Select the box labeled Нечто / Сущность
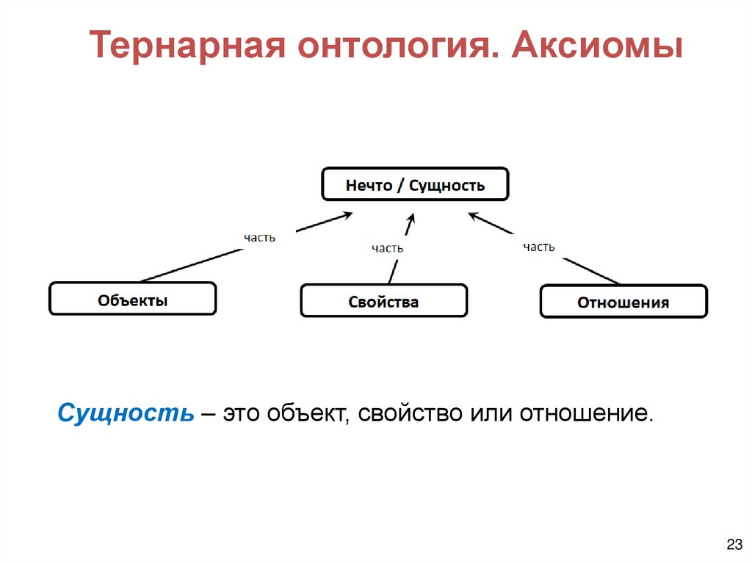pos(415,184)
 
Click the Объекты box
pos(132,299)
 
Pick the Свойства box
pos(383,301)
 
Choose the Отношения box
pos(623,302)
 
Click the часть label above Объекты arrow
pos(260,238)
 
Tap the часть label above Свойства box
pos(387,248)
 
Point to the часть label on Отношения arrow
pos(539,247)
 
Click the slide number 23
pos(733,544)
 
